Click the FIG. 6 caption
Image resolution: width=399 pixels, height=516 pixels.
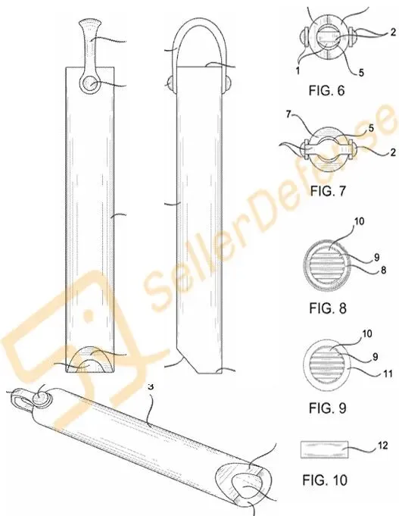pos(326,90)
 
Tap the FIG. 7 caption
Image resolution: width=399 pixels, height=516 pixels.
pos(328,190)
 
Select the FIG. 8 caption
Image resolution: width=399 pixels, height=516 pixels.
pos(328,308)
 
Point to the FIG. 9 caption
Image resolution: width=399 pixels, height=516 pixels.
pos(328,408)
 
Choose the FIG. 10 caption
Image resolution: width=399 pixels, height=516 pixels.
pos(325,480)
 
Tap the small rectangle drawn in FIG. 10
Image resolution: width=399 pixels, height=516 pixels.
pos(324,449)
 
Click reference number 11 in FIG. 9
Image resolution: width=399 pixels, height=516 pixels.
pos(388,374)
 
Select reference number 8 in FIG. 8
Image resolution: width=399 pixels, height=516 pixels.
pos(383,271)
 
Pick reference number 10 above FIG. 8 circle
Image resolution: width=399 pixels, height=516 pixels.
pos(360,221)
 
